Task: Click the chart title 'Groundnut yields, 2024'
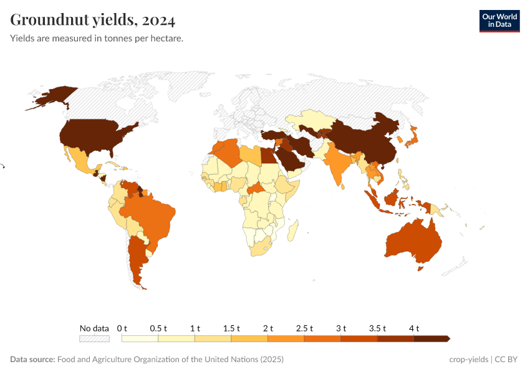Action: click(x=93, y=20)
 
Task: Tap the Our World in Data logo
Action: click(x=499, y=21)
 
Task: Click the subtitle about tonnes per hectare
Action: click(x=96, y=39)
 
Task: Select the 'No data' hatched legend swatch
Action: click(x=94, y=338)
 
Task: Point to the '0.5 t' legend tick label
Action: click(x=158, y=328)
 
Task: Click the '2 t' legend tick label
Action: click(x=268, y=328)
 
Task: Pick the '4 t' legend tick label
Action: click(x=414, y=328)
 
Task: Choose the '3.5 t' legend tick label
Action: click(x=377, y=328)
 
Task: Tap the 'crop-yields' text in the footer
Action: click(x=468, y=360)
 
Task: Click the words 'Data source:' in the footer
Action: click(x=32, y=360)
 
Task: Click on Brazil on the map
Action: click(x=150, y=215)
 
